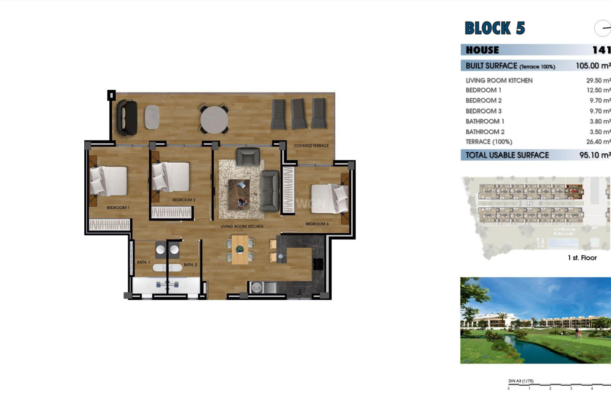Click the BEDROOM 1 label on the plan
(118, 208)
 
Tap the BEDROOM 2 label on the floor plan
(184, 200)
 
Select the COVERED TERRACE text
(311, 146)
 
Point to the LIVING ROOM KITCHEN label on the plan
(242, 226)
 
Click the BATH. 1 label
(144, 262)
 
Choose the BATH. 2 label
(190, 265)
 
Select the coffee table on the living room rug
(239, 194)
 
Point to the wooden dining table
(240, 250)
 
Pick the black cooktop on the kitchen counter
(318, 264)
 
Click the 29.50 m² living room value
(598, 81)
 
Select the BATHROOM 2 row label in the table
(485, 132)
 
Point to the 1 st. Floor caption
(582, 258)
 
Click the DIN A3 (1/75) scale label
(521, 381)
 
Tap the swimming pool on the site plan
(563, 243)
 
